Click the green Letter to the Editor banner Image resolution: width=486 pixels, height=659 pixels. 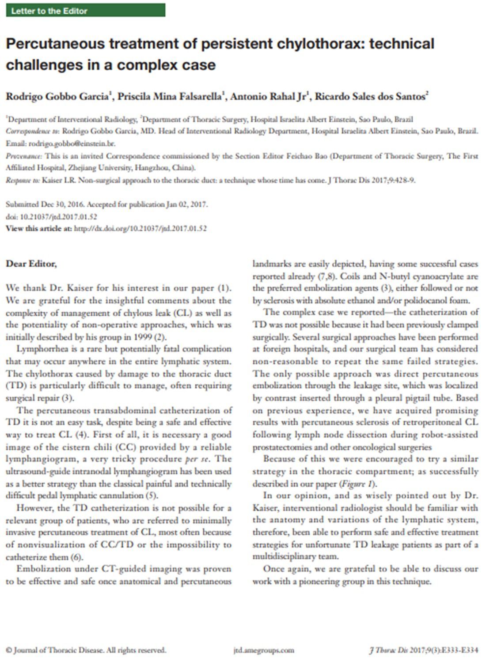[85, 11]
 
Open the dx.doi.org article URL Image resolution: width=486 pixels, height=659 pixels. [140, 228]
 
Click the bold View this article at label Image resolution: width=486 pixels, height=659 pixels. [38, 228]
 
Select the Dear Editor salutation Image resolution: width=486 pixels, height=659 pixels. [31, 264]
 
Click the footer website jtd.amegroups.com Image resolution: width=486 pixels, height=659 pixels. [264, 650]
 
